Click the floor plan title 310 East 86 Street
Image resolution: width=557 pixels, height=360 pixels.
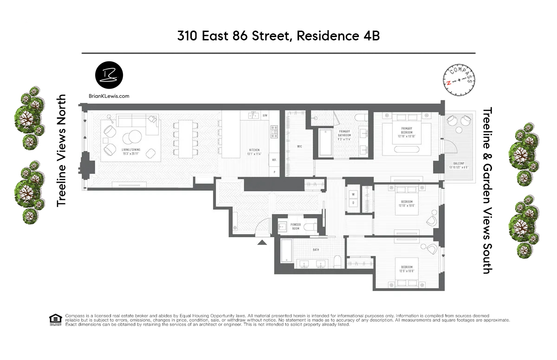(278, 36)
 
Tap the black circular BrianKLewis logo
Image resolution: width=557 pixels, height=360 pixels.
(109, 75)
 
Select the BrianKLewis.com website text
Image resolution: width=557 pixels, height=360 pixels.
(109, 96)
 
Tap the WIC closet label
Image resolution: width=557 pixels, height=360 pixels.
(299, 147)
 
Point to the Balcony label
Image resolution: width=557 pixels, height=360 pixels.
(459, 165)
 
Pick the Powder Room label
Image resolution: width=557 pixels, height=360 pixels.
(296, 227)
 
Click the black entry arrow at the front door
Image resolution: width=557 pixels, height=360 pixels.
(262, 241)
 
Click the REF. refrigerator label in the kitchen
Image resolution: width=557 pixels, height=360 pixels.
(274, 159)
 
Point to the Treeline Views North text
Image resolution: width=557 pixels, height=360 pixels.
(61, 151)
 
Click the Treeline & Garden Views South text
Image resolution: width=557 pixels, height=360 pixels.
(487, 190)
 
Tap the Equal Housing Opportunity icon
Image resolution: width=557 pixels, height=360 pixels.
(55, 320)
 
